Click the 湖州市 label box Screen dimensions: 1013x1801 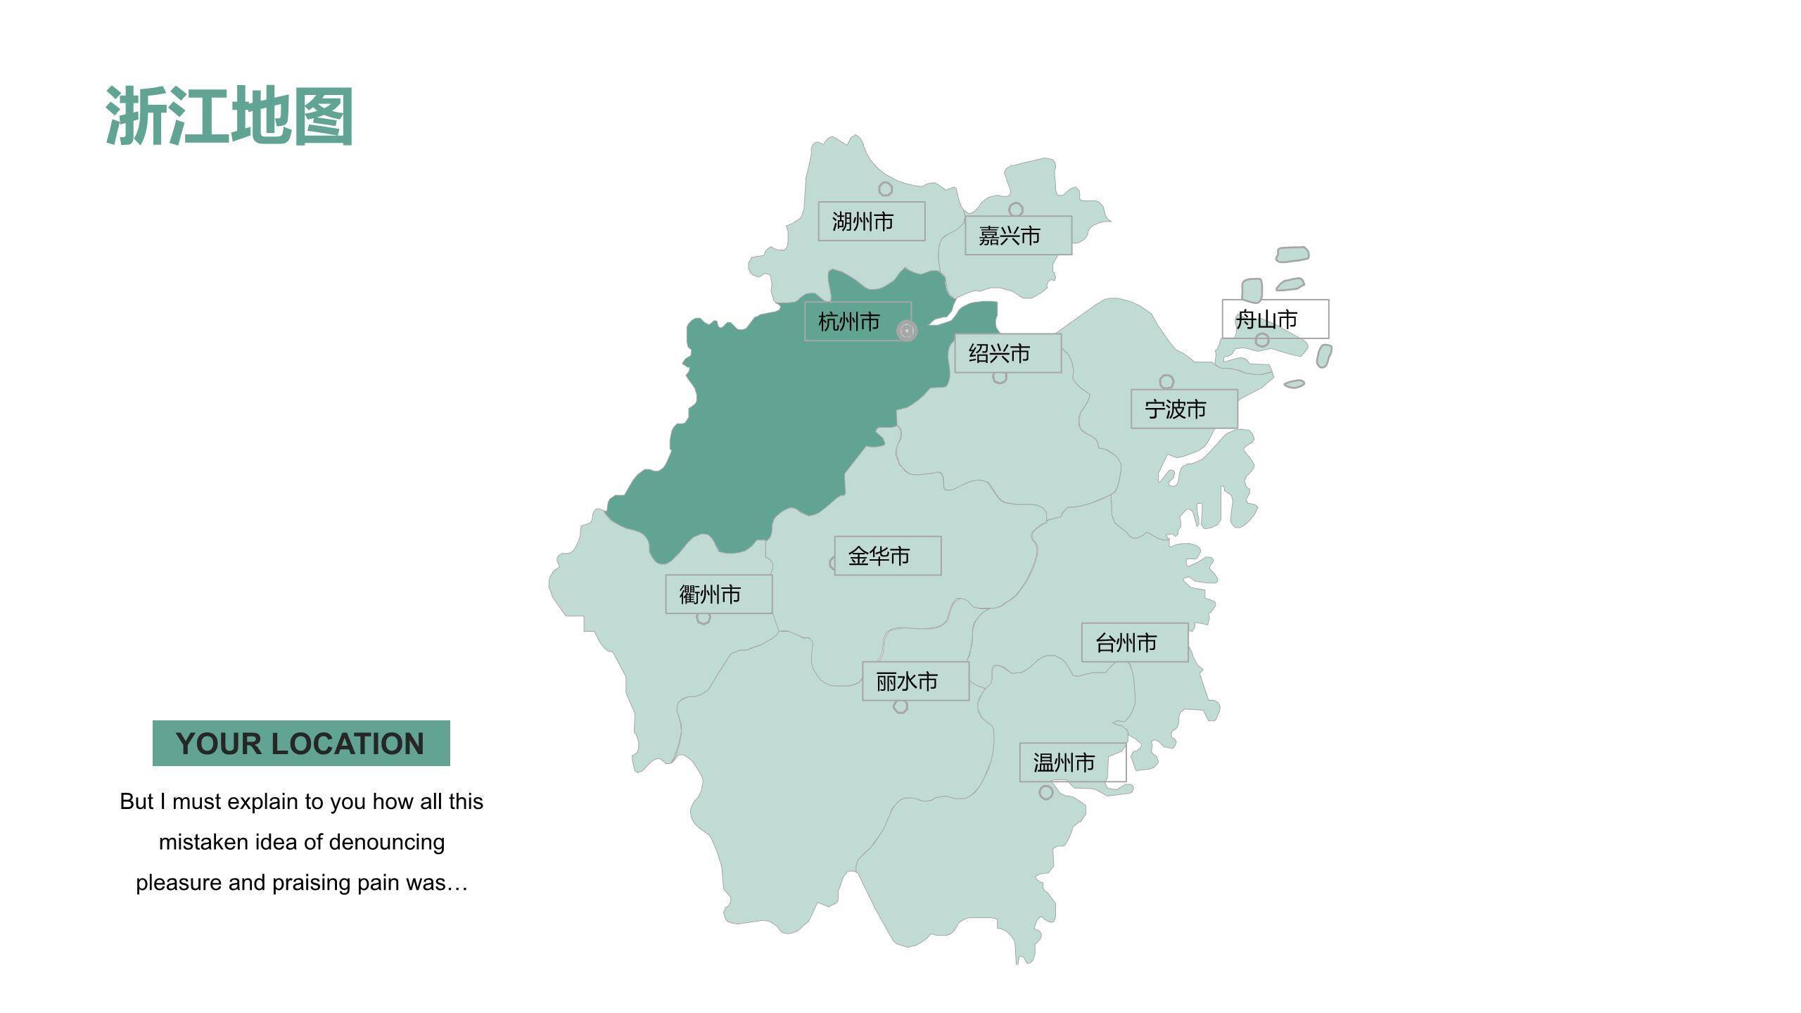[x=871, y=222]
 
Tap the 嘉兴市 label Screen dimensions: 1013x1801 [x=1018, y=236]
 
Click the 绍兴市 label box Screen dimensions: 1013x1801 [x=1007, y=353]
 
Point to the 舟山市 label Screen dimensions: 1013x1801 [x=1275, y=319]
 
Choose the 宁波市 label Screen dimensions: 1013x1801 [x=1184, y=409]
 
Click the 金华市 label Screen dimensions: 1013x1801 [x=887, y=556]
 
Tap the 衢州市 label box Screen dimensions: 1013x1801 [x=718, y=594]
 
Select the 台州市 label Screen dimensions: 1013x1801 [x=1134, y=642]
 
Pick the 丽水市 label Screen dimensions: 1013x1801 [x=915, y=681]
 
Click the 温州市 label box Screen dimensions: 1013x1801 [x=1072, y=763]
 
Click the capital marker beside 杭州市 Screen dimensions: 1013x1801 [x=907, y=331]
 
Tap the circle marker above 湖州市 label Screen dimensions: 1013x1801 [x=886, y=189]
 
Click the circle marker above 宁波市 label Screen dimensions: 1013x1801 [x=1166, y=381]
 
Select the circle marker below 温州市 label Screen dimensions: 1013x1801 [x=1046, y=793]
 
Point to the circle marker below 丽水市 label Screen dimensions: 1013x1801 [x=900, y=707]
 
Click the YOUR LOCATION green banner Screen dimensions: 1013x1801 [x=301, y=744]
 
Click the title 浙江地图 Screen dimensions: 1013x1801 [x=229, y=117]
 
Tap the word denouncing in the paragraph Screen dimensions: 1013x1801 [x=386, y=842]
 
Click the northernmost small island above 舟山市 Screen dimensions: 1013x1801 [x=1292, y=254]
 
